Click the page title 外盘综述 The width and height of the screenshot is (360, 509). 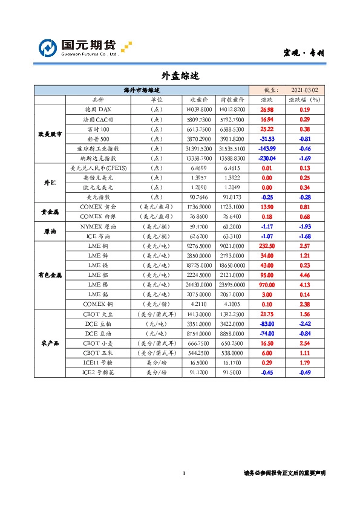click(x=180, y=77)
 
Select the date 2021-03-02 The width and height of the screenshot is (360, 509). click(x=304, y=89)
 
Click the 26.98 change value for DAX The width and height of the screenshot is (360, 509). click(x=267, y=109)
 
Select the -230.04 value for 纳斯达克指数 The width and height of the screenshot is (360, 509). click(x=267, y=158)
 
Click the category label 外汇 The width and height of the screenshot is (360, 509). click(x=50, y=182)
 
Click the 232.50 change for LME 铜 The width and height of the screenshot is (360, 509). click(x=267, y=245)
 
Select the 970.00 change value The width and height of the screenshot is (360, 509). click(x=267, y=284)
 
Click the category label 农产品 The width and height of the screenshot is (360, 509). click(x=50, y=343)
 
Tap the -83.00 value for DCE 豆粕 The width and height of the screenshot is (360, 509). click(x=267, y=324)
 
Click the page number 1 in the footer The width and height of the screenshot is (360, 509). click(x=183, y=473)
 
